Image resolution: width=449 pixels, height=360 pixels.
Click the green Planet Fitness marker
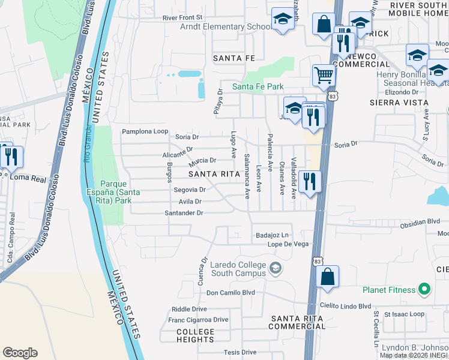424,290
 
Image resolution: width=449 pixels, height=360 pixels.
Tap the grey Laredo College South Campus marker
276,268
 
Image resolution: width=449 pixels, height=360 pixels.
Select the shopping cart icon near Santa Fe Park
323,76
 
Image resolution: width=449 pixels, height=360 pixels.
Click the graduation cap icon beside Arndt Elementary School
282,19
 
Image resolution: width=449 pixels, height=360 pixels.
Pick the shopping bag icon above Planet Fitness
327,277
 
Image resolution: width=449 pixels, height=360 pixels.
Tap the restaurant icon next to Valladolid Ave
309,181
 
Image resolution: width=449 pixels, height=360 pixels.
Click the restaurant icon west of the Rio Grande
11,157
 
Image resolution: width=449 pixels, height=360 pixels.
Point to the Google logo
20,353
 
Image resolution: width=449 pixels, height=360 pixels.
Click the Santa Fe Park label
258,87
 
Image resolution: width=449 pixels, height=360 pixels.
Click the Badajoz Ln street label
272,235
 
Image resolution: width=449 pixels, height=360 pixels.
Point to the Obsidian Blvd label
424,221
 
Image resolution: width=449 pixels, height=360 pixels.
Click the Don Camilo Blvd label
231,293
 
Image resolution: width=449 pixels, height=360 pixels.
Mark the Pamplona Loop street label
145,131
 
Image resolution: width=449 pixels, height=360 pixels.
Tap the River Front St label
182,18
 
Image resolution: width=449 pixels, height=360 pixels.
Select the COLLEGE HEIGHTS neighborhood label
195,335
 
